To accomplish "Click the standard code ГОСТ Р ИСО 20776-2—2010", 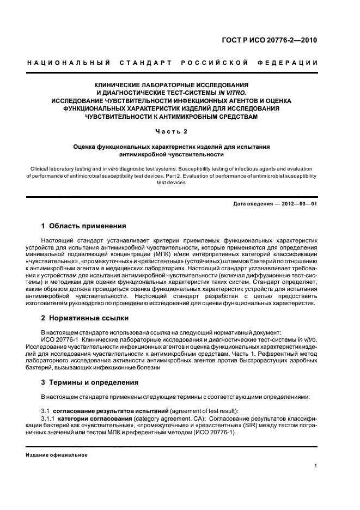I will (x=277, y=40).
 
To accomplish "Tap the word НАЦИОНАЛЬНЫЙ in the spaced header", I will (x=69, y=63).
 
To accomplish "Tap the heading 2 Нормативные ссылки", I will (x=84, y=318).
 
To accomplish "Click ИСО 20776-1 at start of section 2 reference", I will (x=59, y=339).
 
